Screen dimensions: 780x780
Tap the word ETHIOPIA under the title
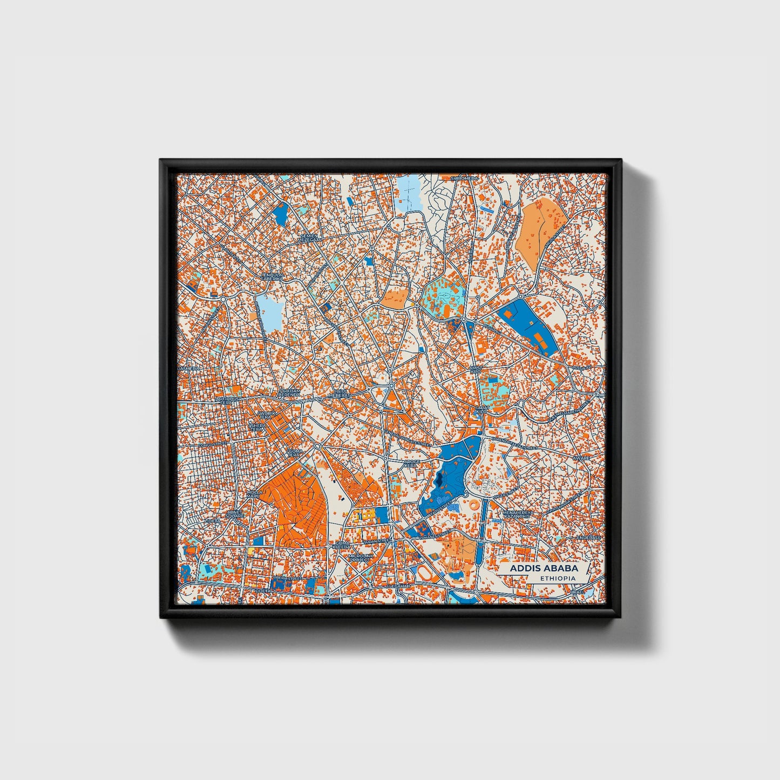coord(558,578)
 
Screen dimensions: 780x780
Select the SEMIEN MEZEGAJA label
coord(309,237)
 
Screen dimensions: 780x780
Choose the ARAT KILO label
coord(481,409)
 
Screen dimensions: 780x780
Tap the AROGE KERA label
coord(411,464)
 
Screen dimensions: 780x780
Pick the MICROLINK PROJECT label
coord(360,558)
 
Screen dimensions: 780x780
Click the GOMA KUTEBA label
coord(342,545)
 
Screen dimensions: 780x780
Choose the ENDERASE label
coord(588,538)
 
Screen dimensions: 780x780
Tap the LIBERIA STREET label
coord(287,579)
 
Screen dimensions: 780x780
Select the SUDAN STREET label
coord(377,540)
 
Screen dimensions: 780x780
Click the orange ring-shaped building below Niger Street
coord(473,506)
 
